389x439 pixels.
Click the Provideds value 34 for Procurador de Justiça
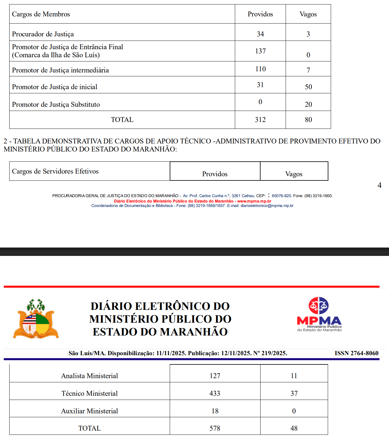pos(260,34)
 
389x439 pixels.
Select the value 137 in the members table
pos(260,51)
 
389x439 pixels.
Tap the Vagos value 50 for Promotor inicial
pos(308,87)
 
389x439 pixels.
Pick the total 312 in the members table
pos(260,120)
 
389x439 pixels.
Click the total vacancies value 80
pos(308,120)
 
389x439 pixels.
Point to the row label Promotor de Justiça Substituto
pos(56,104)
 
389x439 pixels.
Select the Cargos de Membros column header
pos(41,14)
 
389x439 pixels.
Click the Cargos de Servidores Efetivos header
pos(55,171)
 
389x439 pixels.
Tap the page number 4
pos(379,185)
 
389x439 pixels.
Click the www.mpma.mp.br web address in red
pos(254,201)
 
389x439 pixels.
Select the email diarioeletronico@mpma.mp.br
pos(267,205)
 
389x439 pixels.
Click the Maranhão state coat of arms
pos(36,319)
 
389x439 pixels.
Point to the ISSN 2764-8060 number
pos(356,353)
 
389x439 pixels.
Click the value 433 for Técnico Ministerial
pos(215,393)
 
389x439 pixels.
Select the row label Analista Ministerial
pos(90,376)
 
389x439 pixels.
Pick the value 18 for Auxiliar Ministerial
pos(215,411)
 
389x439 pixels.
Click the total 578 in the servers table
pos(215,428)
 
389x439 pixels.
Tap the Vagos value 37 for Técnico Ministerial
pos(294,393)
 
